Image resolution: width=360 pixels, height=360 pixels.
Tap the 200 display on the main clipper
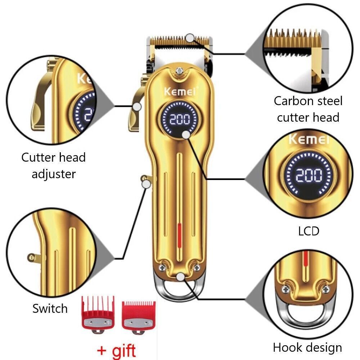(x=180, y=120)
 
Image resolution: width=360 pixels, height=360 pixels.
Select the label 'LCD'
(x=309, y=231)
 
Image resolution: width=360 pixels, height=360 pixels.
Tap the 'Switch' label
(x=50, y=309)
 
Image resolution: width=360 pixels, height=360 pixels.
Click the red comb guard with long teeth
(x=98, y=315)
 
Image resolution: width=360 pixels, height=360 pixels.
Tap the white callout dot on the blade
(x=190, y=38)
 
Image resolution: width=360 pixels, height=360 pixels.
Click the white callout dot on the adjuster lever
(x=137, y=107)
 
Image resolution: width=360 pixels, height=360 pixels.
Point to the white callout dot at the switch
(x=146, y=184)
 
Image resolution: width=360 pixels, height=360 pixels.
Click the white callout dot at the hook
(x=181, y=277)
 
